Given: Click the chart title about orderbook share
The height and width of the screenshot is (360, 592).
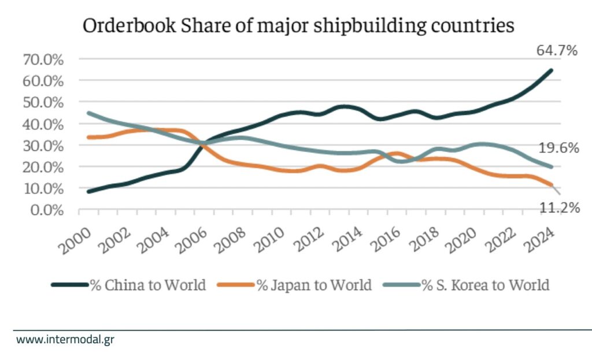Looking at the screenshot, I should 298,27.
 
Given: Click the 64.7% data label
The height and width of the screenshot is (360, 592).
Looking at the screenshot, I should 557,51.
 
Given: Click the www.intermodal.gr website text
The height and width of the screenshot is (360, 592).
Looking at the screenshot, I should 65,339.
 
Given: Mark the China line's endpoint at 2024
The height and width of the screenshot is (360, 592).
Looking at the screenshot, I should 551,70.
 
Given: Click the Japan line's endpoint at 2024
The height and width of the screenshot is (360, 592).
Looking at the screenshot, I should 551,185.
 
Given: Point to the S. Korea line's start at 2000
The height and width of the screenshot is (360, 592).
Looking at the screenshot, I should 88,113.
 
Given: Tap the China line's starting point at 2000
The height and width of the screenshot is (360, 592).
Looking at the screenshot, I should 88,191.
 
